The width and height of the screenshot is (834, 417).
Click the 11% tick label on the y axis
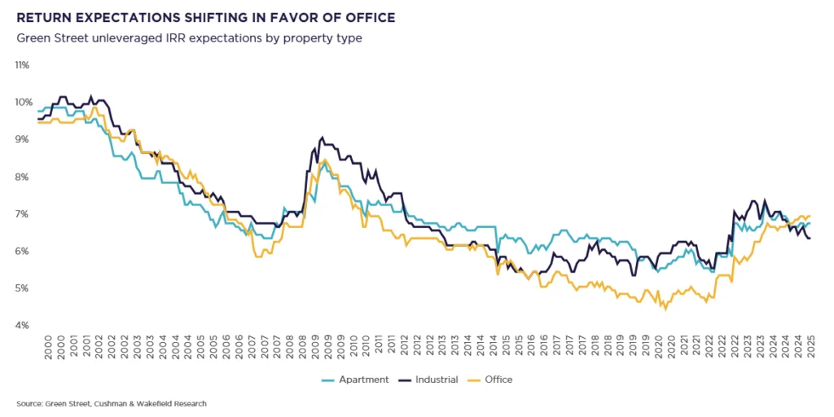(x=22, y=64)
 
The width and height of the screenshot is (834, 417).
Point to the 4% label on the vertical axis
(x=23, y=326)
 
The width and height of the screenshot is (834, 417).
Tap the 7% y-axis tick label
(x=23, y=214)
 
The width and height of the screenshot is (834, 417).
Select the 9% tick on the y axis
(x=23, y=139)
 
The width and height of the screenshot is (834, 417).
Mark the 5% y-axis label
(x=23, y=288)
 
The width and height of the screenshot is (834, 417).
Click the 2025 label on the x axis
(x=810, y=346)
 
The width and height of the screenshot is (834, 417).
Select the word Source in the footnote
(x=27, y=404)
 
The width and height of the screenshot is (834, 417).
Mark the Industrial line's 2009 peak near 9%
(x=323, y=138)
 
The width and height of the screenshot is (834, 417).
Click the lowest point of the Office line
(x=665, y=309)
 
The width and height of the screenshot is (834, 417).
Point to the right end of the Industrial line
(x=810, y=238)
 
